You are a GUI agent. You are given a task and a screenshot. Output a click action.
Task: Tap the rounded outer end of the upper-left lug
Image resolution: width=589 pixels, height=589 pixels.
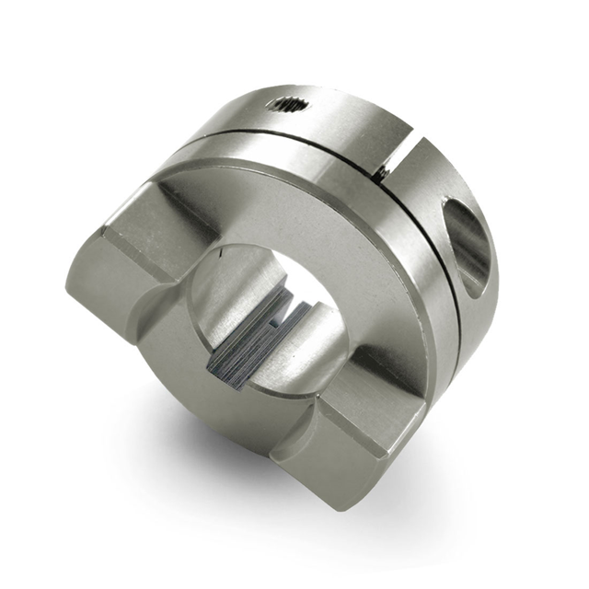tap(92, 285)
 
